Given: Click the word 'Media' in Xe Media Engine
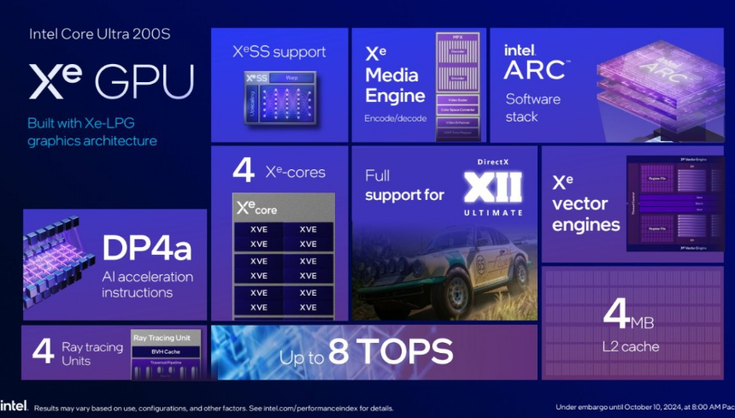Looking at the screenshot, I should pos(392,74).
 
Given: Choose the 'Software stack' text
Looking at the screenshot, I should pos(532,107).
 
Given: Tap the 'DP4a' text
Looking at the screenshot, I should pos(147,248).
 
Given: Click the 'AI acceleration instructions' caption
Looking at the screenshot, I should pos(147,285).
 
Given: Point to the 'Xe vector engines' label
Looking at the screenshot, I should pos(585,204).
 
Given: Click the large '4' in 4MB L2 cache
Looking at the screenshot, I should pos(617,314).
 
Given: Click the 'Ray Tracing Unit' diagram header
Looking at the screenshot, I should pos(166,338).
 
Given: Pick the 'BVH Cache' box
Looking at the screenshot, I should pos(166,351).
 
